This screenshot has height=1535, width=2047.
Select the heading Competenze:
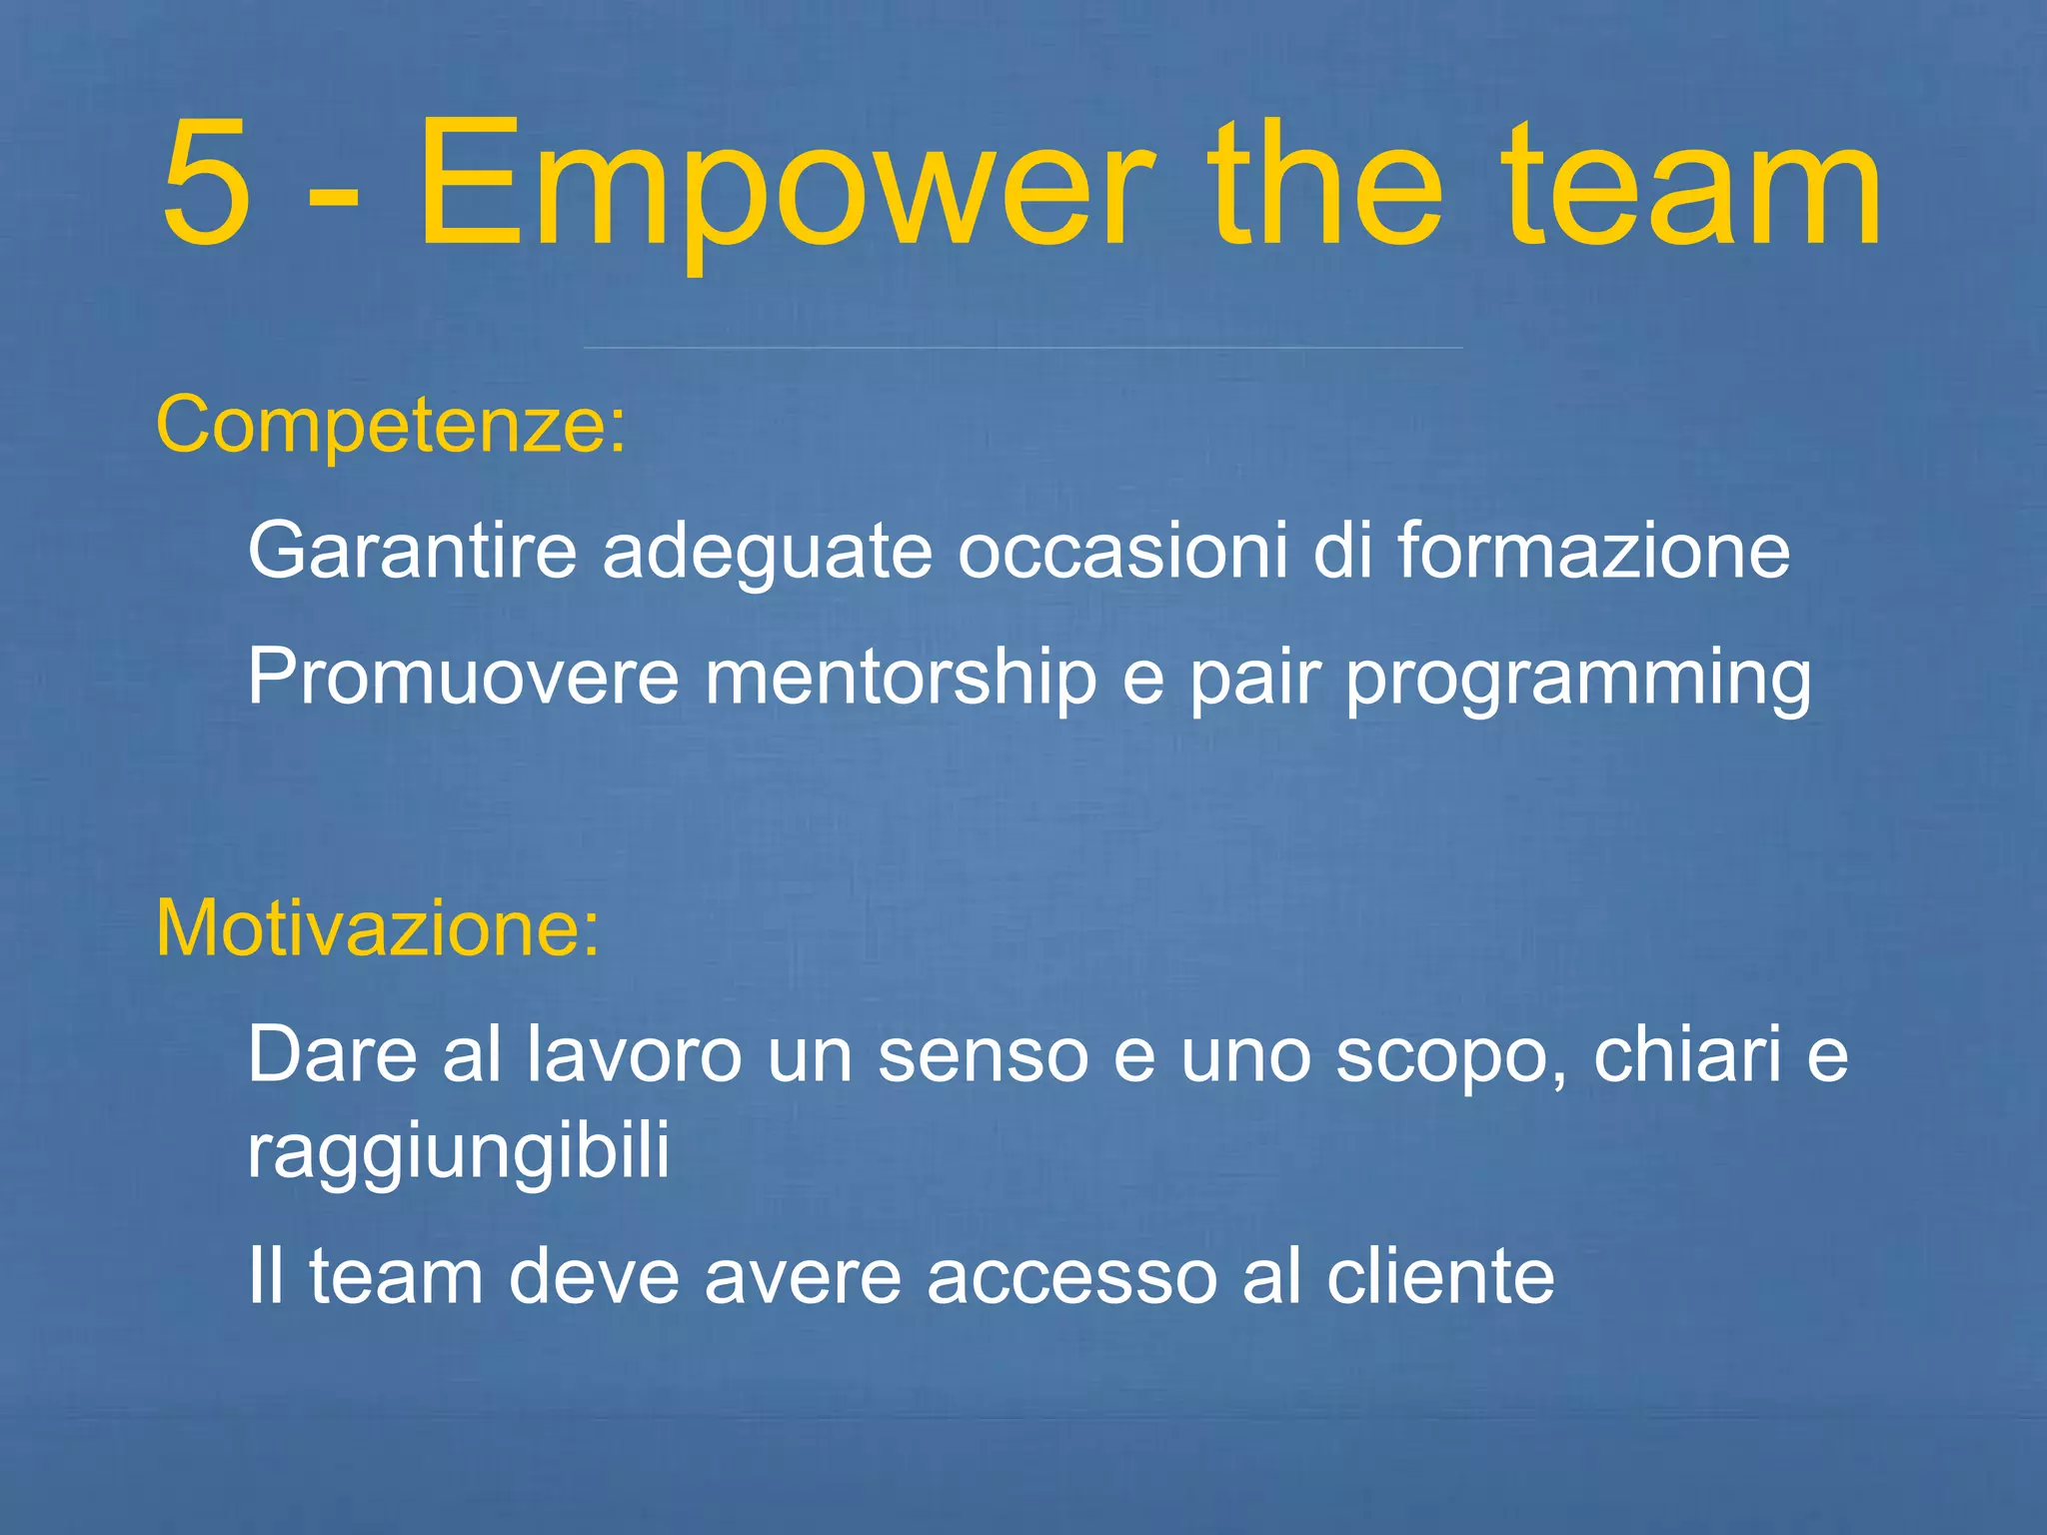[x=391, y=425]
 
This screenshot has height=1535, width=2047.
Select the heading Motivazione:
[x=378, y=928]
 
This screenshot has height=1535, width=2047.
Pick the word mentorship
[x=901, y=677]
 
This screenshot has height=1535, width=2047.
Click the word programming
[x=1578, y=680]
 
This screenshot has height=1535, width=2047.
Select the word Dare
[x=332, y=1054]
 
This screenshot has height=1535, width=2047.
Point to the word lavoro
[x=633, y=1054]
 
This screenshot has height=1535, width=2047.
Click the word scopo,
[x=1452, y=1057]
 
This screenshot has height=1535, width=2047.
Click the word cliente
[x=1440, y=1276]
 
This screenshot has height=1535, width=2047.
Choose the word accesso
[x=1071, y=1278]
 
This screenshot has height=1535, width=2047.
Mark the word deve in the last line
[x=594, y=1276]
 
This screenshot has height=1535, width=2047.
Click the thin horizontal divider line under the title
[x=1023, y=348]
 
